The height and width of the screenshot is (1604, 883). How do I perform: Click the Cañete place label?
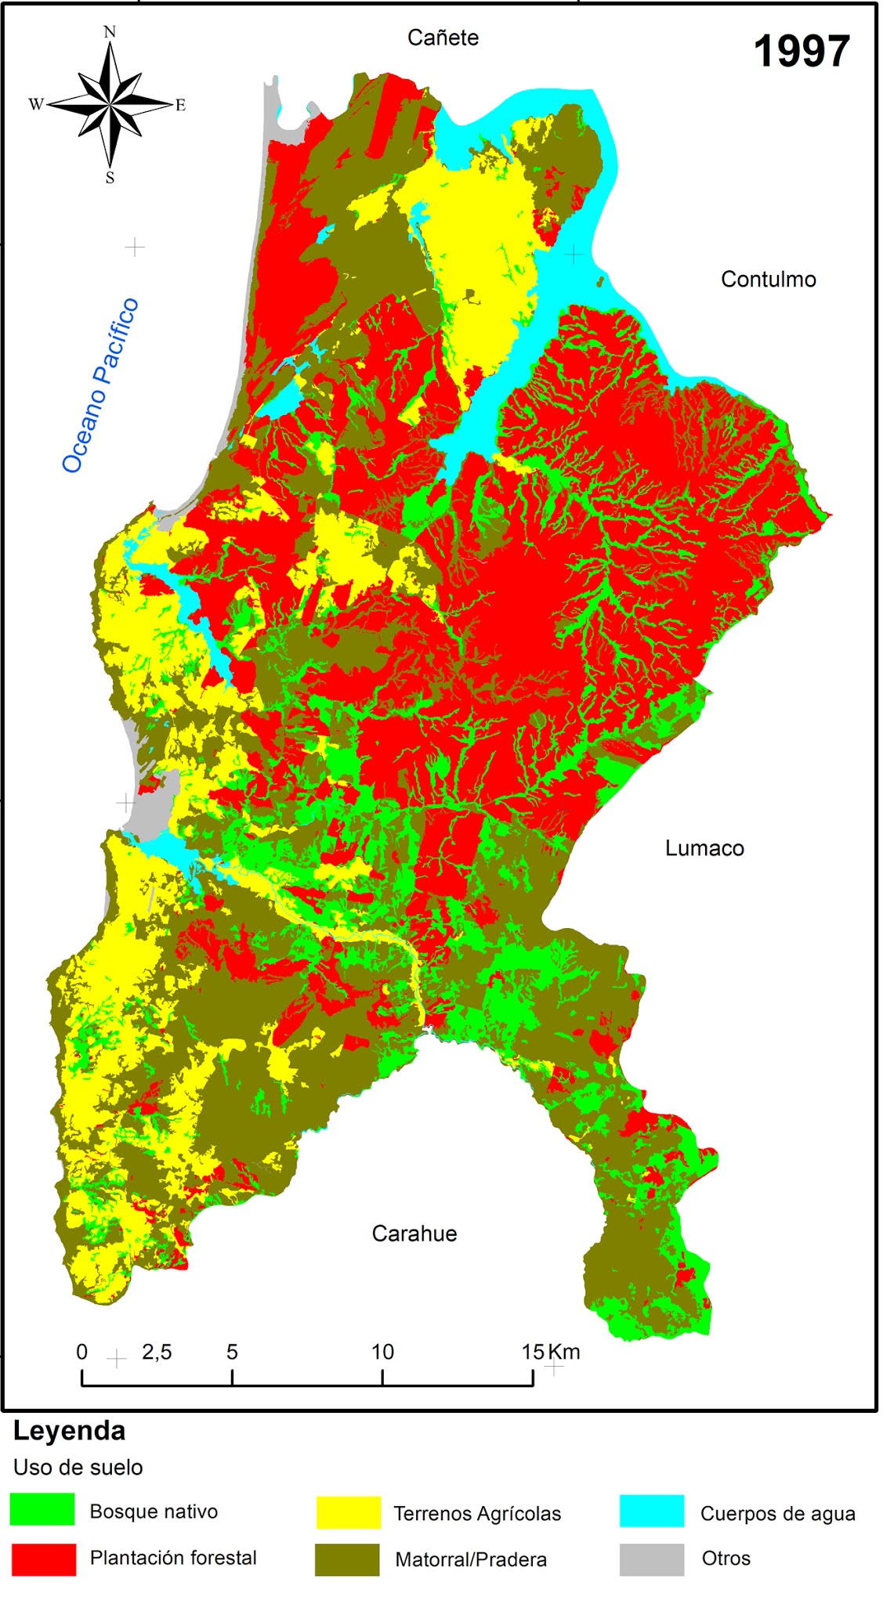coord(443,38)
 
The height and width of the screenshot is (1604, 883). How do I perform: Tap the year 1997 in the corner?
coord(801,52)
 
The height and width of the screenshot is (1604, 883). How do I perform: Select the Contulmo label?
coord(768,280)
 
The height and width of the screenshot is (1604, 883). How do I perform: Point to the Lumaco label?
coord(704,848)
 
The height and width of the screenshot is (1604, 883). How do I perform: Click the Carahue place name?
coord(414,1234)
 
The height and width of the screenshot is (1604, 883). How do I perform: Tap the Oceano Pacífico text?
coord(100,385)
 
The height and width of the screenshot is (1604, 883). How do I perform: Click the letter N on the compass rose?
coord(110,32)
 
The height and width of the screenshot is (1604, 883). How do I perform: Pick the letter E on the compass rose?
coord(180,106)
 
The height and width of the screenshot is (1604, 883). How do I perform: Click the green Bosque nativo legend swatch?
coord(42,1508)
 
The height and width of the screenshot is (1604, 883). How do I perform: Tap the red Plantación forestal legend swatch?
coord(44,1559)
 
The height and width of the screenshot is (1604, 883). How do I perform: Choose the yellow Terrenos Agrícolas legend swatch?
coord(348,1512)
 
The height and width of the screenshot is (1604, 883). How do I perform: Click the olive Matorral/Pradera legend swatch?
coord(346,1559)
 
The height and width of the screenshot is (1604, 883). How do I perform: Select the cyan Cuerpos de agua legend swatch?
coord(651,1511)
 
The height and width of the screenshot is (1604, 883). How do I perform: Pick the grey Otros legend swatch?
coord(651,1559)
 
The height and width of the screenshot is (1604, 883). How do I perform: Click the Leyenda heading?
coord(69,1431)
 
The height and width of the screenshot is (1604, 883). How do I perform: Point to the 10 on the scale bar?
coord(382,1352)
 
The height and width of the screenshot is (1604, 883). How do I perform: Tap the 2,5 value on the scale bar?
coord(157,1352)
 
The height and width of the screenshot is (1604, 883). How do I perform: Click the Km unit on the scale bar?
coord(564,1352)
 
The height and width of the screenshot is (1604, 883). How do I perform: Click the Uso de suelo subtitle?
coord(78,1468)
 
